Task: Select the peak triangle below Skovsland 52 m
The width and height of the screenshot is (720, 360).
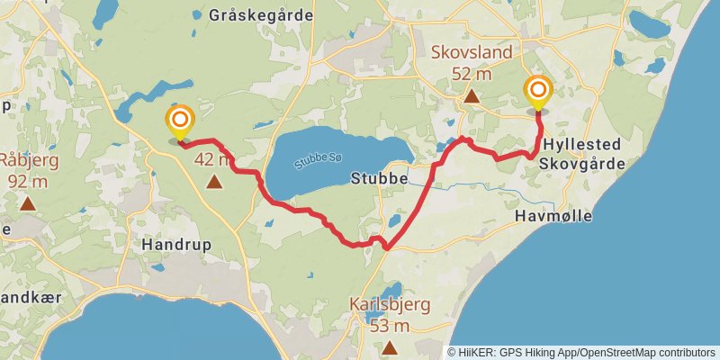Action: tap(471, 94)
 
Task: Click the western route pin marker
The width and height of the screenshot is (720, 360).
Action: tap(180, 121)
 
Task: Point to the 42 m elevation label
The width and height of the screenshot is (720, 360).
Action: tap(213, 160)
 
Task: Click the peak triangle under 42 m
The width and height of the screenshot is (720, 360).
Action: tap(214, 183)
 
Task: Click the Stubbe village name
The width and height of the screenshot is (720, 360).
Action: tap(380, 179)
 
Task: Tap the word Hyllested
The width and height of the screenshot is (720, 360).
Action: tap(582, 144)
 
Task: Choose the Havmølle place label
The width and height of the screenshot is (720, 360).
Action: tap(553, 216)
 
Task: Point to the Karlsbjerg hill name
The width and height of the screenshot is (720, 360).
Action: tap(390, 305)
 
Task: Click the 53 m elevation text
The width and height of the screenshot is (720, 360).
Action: tap(390, 325)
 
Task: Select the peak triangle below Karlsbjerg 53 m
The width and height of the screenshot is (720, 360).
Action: tap(390, 347)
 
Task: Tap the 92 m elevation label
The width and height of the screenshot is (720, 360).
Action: tap(27, 180)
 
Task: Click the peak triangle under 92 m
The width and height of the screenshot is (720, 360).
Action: tap(28, 203)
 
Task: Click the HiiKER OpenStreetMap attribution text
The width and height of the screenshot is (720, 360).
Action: tap(582, 352)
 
